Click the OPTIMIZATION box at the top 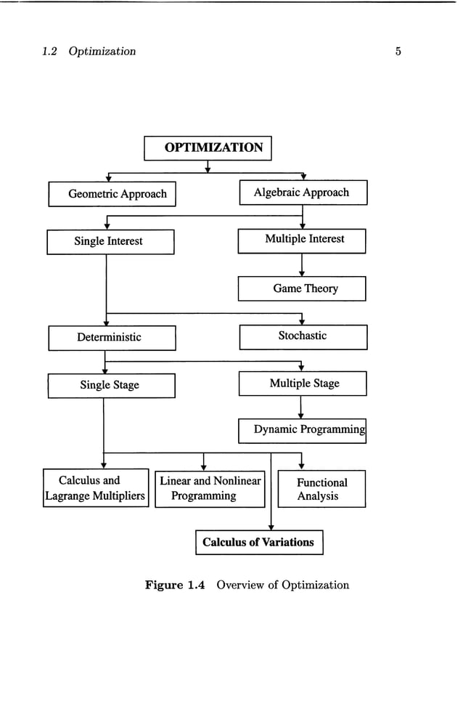click(x=208, y=147)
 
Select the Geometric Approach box click(x=112, y=194)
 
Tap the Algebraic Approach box click(x=303, y=193)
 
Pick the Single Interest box click(x=110, y=241)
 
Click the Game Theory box click(x=302, y=288)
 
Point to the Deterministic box click(x=112, y=337)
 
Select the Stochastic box click(x=303, y=336)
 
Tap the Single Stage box click(x=111, y=385)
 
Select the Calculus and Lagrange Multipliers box click(x=96, y=488)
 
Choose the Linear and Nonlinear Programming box click(x=210, y=488)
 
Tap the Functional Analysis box click(x=321, y=489)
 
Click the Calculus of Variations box click(x=259, y=542)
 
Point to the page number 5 click(x=398, y=52)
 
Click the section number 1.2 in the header click(x=50, y=52)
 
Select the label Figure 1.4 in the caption click(x=176, y=585)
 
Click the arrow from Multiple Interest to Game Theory click(x=302, y=265)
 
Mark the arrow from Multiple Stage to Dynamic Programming click(x=301, y=408)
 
